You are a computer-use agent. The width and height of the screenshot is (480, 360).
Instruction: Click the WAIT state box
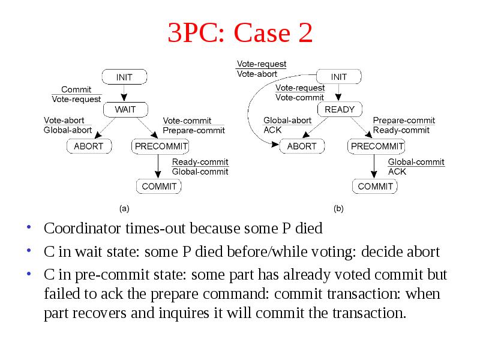125,109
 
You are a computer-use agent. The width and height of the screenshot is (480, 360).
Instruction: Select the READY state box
340,109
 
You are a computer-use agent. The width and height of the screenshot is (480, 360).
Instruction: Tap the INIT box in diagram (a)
124,77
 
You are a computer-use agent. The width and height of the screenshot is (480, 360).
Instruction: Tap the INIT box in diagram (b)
338,77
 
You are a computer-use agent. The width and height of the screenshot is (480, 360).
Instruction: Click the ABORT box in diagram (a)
89,146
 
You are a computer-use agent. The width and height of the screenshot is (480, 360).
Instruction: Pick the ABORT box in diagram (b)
302,146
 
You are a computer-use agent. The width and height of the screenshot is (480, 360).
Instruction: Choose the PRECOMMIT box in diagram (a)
160,146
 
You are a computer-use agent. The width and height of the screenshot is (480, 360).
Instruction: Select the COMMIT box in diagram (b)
375,186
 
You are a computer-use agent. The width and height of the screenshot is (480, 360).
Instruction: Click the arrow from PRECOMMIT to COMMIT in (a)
158,166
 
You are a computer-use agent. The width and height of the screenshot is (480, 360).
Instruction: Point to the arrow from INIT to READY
338,92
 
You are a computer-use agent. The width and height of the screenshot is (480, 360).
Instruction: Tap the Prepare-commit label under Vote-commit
194,130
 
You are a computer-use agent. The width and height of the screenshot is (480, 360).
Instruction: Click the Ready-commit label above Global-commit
200,161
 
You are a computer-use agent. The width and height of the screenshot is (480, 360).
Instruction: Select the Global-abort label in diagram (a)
68,130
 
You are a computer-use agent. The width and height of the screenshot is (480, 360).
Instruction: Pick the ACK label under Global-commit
397,172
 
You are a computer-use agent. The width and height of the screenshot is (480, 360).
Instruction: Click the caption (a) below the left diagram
124,208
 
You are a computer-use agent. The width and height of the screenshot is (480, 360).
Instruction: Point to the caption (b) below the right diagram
338,208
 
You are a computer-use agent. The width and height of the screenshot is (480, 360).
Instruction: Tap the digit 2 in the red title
305,32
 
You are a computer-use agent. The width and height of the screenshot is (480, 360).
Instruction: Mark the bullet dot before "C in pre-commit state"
29,274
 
